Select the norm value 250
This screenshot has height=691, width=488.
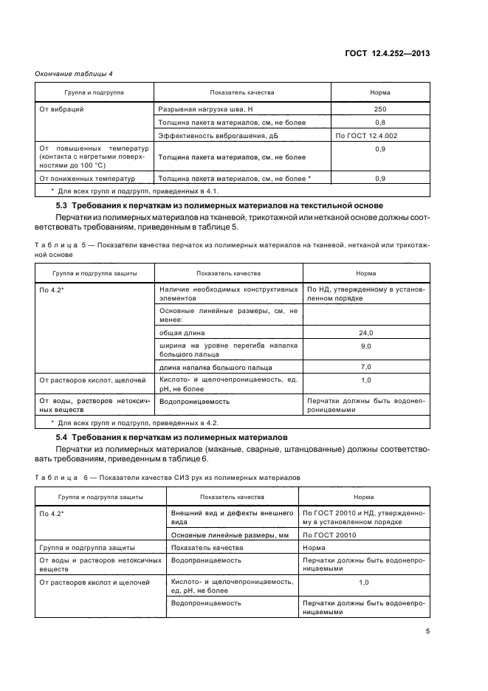tap(379, 109)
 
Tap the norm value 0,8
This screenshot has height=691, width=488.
tap(379, 123)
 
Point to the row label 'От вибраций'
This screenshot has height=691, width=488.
tap(61, 109)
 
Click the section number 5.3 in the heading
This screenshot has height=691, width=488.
tap(62, 204)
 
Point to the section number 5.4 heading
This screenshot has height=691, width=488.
tap(62, 438)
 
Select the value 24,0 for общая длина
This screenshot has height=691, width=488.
tap(365, 333)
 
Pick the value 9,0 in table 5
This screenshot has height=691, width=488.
tap(365, 346)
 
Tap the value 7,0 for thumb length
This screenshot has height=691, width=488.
tap(365, 367)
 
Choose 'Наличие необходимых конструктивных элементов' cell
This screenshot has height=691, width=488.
tap(228, 294)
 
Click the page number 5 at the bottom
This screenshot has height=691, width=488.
tap(427, 630)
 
